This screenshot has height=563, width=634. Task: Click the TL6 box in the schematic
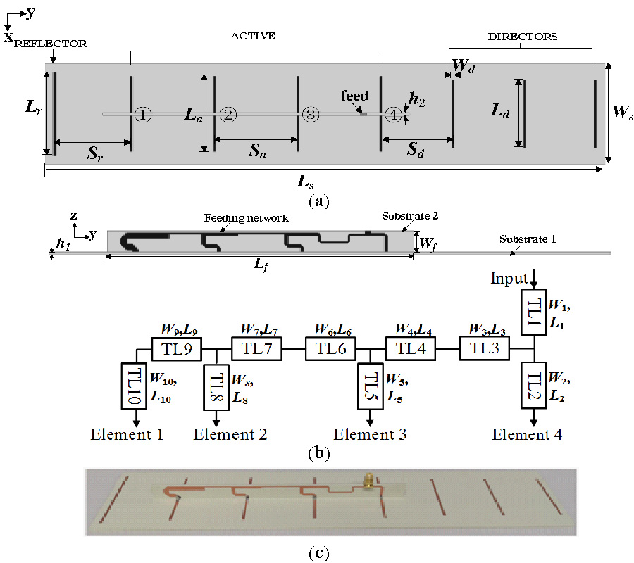pyautogui.click(x=329, y=348)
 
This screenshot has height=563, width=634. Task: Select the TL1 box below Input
pyautogui.click(x=534, y=311)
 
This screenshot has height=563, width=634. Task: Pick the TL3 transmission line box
pyautogui.click(x=484, y=348)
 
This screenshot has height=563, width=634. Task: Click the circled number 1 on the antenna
pyautogui.click(x=142, y=114)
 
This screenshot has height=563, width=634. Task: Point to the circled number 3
pyautogui.click(x=310, y=114)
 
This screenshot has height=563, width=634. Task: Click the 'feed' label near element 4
pyautogui.click(x=354, y=96)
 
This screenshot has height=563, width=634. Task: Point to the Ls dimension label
pyautogui.click(x=305, y=183)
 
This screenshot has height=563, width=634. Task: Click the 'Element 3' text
pyautogui.click(x=370, y=434)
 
